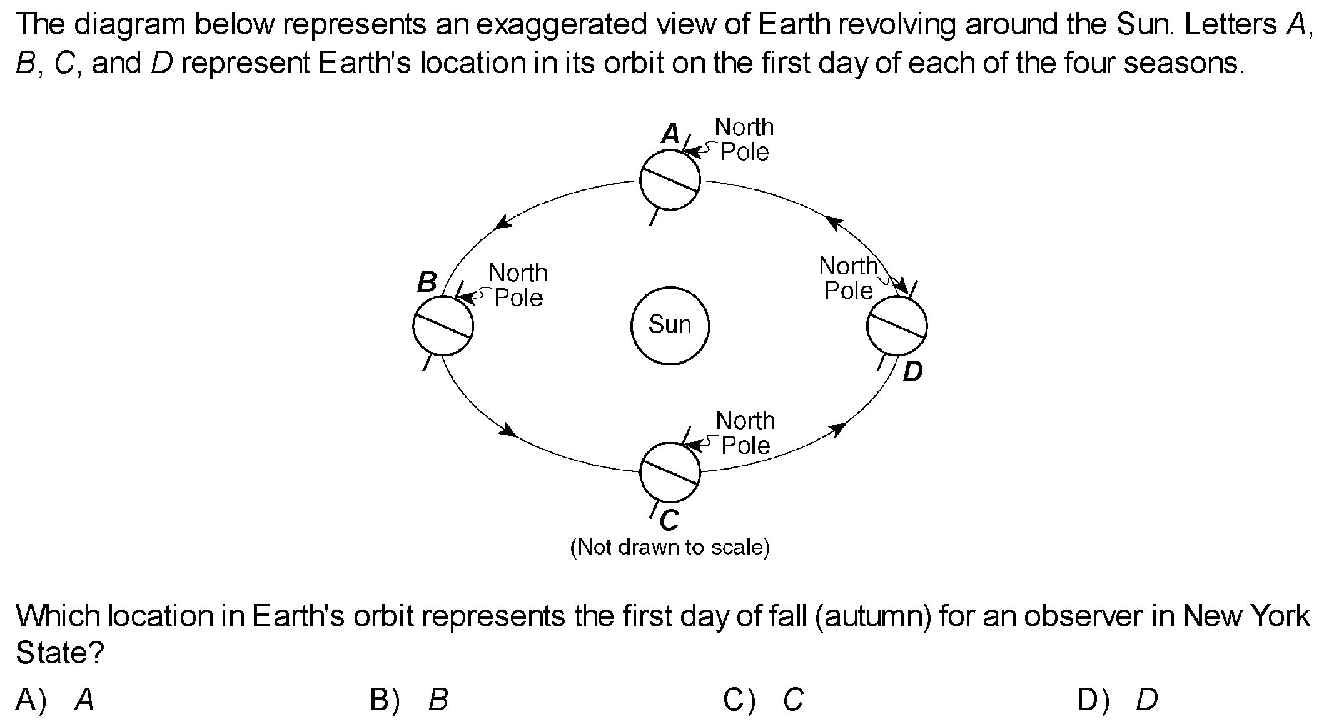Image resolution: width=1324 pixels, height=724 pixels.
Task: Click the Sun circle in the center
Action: point(670,325)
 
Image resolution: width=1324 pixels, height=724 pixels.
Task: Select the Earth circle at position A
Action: point(670,180)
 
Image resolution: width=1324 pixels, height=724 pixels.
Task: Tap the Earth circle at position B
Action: point(443,326)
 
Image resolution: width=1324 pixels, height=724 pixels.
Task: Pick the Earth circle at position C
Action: point(670,472)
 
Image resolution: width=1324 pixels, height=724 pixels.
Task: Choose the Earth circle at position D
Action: point(897,326)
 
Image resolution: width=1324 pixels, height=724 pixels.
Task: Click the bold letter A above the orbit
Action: point(670,133)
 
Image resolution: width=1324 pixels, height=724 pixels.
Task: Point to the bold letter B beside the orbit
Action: point(427,283)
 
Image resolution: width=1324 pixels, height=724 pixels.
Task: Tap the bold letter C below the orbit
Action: point(669,520)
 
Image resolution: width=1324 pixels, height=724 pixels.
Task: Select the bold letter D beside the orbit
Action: point(912,372)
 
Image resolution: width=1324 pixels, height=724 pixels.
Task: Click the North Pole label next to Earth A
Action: point(744,139)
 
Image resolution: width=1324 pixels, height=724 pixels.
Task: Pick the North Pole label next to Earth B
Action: point(518,285)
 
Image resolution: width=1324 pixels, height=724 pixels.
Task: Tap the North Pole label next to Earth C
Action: point(745,433)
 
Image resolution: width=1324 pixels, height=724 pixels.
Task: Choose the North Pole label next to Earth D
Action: point(848,278)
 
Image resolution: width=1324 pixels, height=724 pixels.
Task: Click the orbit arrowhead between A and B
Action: point(502,223)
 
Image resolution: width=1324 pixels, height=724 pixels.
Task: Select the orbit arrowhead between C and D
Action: point(838,428)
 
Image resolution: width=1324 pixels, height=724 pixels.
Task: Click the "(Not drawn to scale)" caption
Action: point(670,547)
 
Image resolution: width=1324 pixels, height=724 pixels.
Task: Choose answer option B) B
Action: point(409,700)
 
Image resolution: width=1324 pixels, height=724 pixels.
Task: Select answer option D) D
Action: point(1117,700)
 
